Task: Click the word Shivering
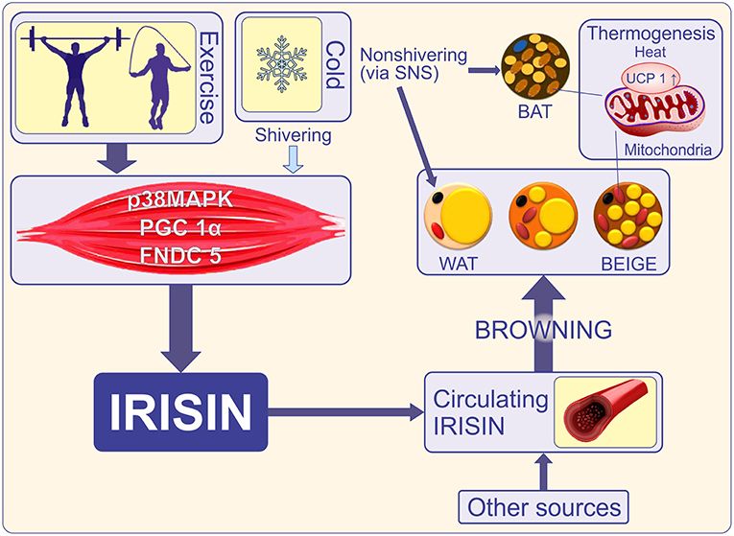(294, 135)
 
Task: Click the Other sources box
(545, 505)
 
